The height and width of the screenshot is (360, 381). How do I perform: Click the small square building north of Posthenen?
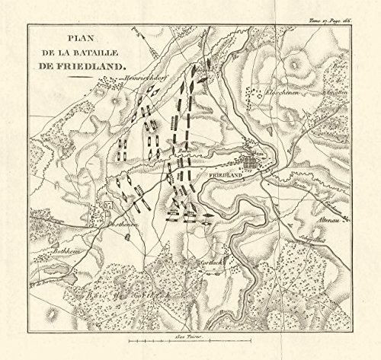(108, 205)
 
